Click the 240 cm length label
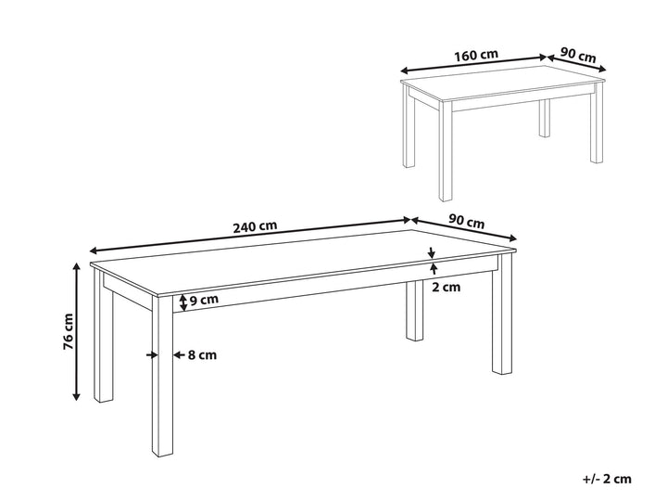(256, 226)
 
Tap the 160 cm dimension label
(476, 55)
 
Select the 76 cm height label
(68, 332)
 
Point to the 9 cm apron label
(204, 300)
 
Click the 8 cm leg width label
(203, 354)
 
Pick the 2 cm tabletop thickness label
(447, 287)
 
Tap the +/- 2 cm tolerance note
(607, 479)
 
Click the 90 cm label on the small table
(578, 55)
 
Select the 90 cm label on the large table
(467, 222)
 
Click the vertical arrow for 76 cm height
(77, 332)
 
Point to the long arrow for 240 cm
(250, 235)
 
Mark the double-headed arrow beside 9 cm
(182, 302)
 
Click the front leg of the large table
(162, 376)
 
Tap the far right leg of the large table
(503, 315)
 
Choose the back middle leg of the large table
(415, 311)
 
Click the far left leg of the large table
(104, 337)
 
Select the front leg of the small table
(446, 151)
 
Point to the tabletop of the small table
(502, 83)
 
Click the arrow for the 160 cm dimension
(473, 63)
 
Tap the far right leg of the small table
(597, 122)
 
